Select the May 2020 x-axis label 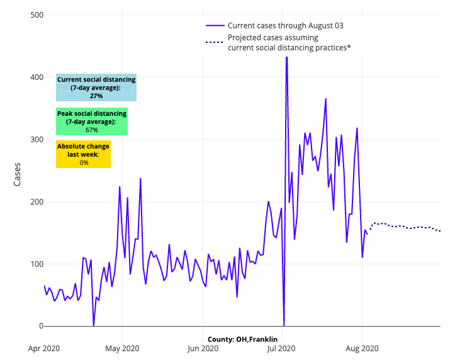[122, 347]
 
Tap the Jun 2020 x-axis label [202, 347]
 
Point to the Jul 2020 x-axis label [281, 347]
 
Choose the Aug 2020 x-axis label [362, 347]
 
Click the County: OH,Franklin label [243, 340]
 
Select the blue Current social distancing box [96, 87]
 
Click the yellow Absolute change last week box [83, 154]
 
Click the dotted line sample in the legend [215, 42]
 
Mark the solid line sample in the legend [215, 26]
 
